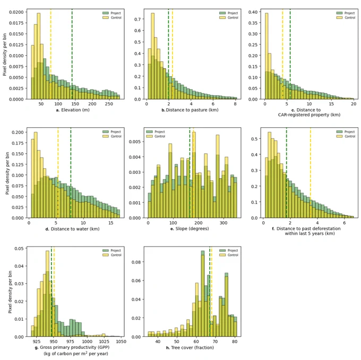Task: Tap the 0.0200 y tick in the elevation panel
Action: click(x=16, y=12)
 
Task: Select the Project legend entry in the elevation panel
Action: click(x=112, y=13)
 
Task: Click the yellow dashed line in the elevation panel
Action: click(x=51, y=54)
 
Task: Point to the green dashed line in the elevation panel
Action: click(x=72, y=54)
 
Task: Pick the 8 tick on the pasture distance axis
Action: click(x=235, y=104)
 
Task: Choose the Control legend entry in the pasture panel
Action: click(x=229, y=17)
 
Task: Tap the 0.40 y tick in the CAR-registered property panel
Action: click(x=253, y=12)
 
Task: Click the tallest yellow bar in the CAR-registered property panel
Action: click(x=267, y=56)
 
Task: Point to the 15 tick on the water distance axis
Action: click(x=111, y=223)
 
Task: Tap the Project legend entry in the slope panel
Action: click(x=156, y=131)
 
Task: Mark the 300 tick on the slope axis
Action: click(x=224, y=223)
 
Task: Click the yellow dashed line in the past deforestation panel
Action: click(x=311, y=173)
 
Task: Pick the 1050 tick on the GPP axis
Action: click(x=121, y=341)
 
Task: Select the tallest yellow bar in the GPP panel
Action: click(x=47, y=294)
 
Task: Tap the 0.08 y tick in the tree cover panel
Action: click(x=136, y=262)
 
